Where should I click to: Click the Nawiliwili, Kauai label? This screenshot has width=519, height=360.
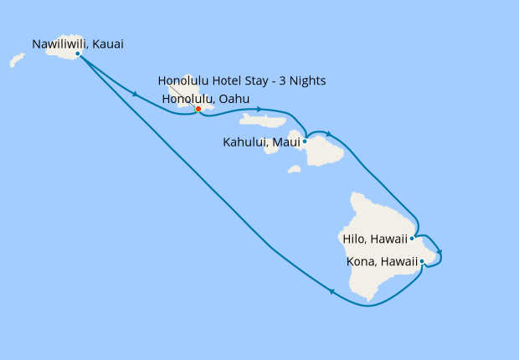[77, 44]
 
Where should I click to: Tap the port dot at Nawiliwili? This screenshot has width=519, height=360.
[77, 54]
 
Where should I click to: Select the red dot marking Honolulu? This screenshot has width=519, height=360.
[198, 108]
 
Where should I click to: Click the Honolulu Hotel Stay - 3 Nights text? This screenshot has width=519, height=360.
[242, 81]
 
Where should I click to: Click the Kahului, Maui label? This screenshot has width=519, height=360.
[261, 141]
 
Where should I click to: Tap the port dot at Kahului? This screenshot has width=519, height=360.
[305, 141]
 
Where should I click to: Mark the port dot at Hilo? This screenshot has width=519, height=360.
[412, 238]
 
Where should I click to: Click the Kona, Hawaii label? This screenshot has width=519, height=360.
[382, 262]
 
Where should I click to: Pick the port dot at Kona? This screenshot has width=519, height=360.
[422, 262]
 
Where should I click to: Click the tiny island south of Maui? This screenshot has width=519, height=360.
[294, 169]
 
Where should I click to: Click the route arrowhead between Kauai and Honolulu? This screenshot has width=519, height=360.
[134, 93]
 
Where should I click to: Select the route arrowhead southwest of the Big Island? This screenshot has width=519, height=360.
[332, 291]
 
